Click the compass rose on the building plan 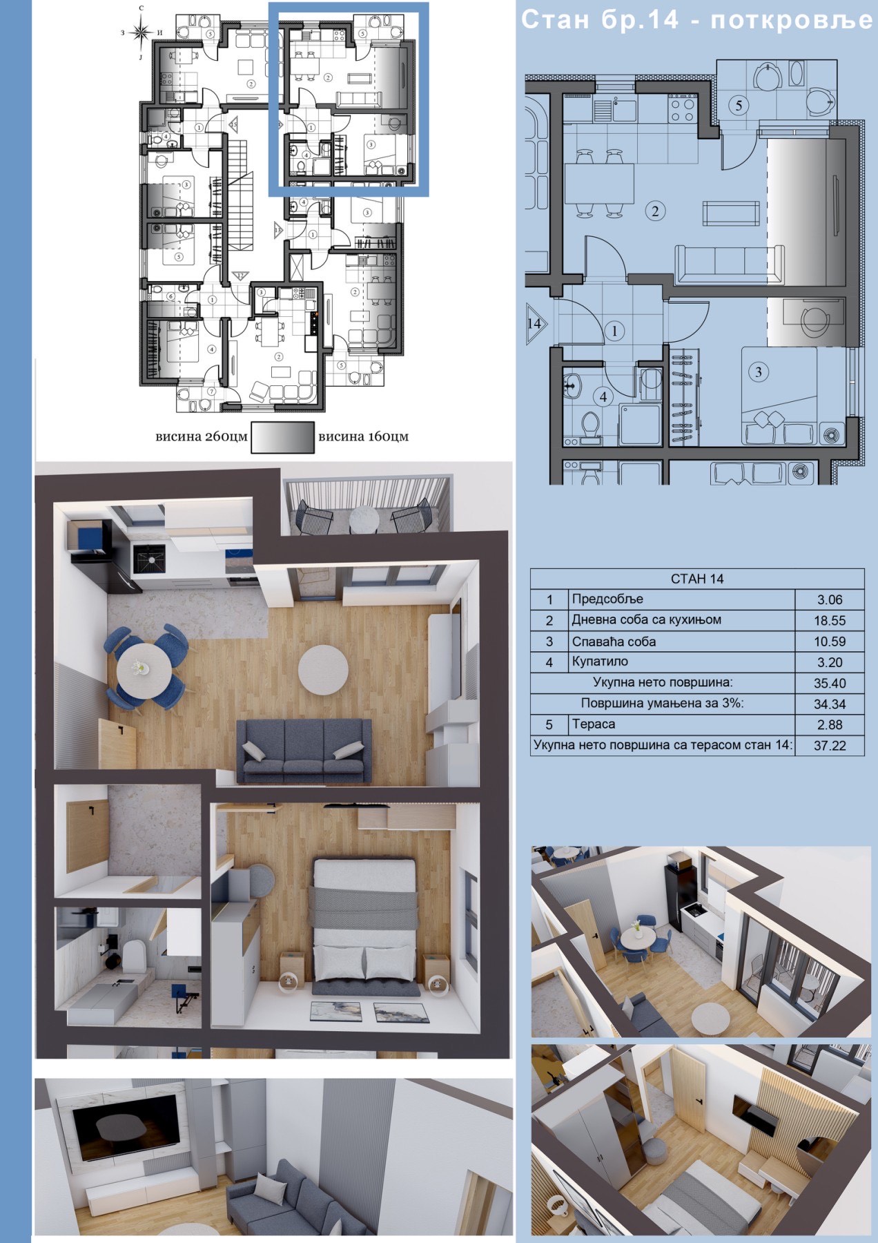[x=142, y=32]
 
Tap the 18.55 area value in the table [x=829, y=621]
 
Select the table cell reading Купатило [x=600, y=662]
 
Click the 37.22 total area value [x=829, y=746]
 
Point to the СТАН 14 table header [x=697, y=579]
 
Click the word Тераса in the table [x=593, y=724]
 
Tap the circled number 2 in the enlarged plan [x=655, y=211]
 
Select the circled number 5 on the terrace [x=739, y=106]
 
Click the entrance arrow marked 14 [x=536, y=323]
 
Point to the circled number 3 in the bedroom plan [x=759, y=372]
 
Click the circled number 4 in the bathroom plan [x=603, y=397]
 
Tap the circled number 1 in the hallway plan [x=616, y=331]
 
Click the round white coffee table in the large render [x=323, y=669]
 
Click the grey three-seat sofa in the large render [x=304, y=751]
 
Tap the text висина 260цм [x=202, y=436]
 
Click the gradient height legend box [x=282, y=438]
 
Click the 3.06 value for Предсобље [x=829, y=600]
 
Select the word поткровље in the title [x=792, y=20]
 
